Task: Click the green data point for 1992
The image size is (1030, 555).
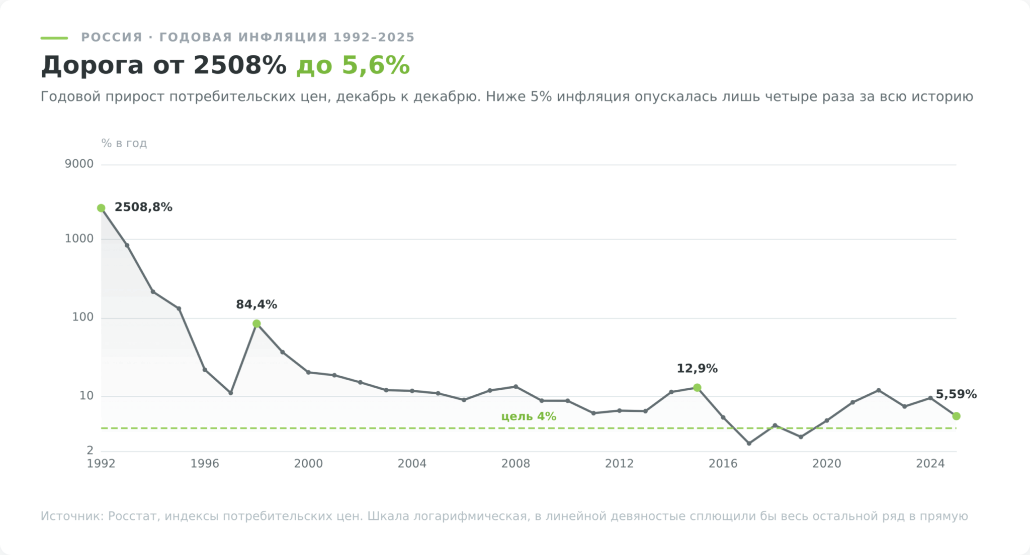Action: click(101, 208)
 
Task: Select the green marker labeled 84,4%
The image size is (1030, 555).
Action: click(256, 323)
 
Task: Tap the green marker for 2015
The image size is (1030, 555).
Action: click(697, 387)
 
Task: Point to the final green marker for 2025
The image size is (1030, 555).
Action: click(956, 416)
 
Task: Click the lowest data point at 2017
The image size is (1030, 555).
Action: click(749, 443)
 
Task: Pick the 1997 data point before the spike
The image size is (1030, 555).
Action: click(231, 393)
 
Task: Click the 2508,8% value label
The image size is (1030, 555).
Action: click(143, 207)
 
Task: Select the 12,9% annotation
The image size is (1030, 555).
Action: click(697, 369)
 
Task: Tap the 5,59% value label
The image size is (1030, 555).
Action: click(956, 394)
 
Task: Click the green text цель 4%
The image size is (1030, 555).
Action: click(529, 416)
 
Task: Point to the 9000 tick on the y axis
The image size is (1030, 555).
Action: click(79, 164)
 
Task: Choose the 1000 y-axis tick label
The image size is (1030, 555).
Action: click(79, 239)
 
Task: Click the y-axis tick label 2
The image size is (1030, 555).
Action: click(90, 451)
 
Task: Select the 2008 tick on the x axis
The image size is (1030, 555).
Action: click(516, 464)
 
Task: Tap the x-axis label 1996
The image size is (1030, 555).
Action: click(205, 464)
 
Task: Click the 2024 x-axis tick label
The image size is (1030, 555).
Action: click(930, 464)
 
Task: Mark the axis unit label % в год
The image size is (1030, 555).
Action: click(124, 143)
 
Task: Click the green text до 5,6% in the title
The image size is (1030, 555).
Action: click(353, 65)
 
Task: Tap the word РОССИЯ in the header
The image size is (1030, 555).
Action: click(112, 37)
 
